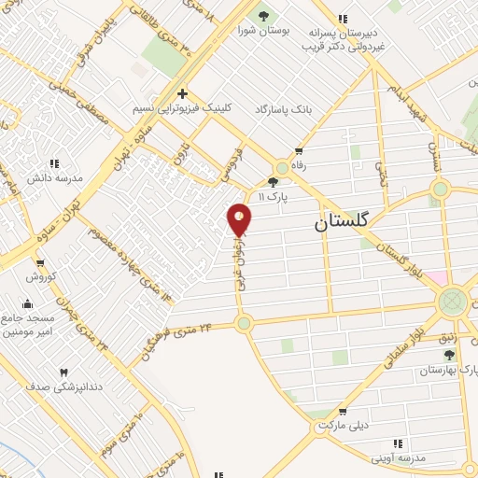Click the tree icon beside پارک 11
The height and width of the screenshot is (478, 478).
[273, 182]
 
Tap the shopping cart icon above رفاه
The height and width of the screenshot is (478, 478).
[299, 149]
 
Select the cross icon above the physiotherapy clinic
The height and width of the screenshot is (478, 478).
[182, 93]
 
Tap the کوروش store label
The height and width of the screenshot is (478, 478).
[41, 277]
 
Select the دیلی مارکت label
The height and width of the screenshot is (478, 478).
[344, 426]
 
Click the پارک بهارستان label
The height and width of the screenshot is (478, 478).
[446, 371]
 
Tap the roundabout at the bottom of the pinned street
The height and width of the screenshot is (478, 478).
[244, 323]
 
